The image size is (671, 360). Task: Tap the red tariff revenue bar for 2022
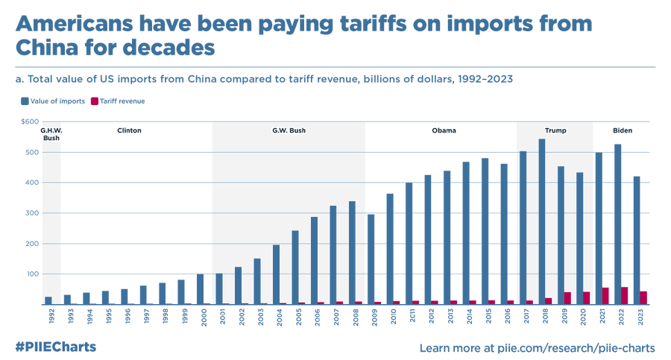(x=624, y=296)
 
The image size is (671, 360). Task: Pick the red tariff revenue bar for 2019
(x=567, y=298)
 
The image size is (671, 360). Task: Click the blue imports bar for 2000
(x=200, y=289)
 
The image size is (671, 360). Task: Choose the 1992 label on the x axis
(x=49, y=318)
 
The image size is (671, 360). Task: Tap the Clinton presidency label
(x=129, y=130)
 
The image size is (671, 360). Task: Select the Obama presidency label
(x=444, y=130)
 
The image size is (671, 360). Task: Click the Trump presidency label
(x=555, y=130)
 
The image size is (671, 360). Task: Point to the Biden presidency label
(x=623, y=130)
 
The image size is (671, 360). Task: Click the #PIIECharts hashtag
(x=55, y=347)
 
